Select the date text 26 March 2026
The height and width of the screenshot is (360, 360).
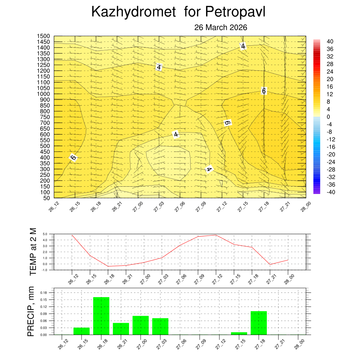point(221,27)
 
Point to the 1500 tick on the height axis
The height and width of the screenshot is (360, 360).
point(44,36)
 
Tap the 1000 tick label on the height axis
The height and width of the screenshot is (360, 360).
point(44,94)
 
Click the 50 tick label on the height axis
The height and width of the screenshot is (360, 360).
point(47,198)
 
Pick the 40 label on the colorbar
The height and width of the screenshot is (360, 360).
point(330,41)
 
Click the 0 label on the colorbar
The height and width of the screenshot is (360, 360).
point(328,117)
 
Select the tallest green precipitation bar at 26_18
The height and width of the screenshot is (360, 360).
point(101,316)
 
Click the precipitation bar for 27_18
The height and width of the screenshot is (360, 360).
point(259,323)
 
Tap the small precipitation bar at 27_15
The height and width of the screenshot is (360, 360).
point(239,333)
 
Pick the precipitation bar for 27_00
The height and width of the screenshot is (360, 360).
point(141,325)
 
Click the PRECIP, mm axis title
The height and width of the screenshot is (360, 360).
point(32,311)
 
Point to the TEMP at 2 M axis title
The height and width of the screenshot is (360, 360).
point(33,251)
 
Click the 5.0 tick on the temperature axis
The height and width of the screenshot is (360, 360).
point(45,234)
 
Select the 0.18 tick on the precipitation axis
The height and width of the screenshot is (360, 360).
point(43,292)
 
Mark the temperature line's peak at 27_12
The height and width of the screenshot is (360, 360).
point(216,235)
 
